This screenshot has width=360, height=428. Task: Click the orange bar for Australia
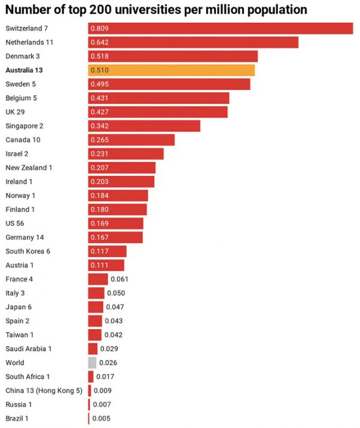coord(172,70)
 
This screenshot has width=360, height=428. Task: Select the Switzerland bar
coord(220,28)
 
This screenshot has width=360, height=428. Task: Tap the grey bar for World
coord(92,363)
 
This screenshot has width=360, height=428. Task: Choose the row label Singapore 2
coord(25,126)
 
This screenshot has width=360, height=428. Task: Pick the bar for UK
coord(158,112)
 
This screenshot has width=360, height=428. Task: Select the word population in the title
coord(269,10)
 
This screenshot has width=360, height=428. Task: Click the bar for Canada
coord(131,140)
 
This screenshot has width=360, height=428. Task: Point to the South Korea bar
coord(107,251)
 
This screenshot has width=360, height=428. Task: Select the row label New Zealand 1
coord(29,168)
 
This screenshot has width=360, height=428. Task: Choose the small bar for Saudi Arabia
coord(92,349)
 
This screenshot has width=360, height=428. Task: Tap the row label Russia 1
coord(19,405)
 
